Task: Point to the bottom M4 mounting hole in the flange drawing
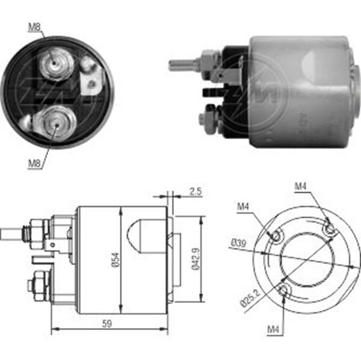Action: (x=285, y=292)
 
